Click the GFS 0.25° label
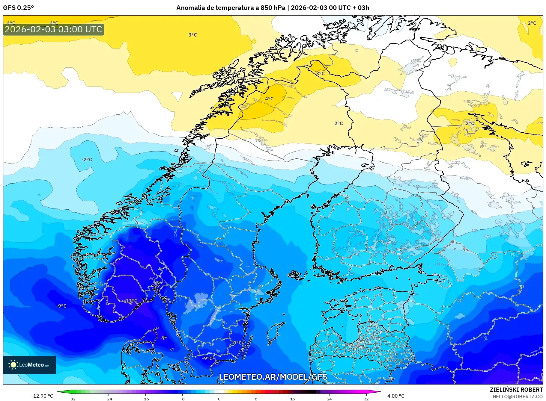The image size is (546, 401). [x=18, y=8]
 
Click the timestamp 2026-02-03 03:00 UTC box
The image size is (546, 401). [x=54, y=29]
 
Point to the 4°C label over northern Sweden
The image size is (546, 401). [x=269, y=99]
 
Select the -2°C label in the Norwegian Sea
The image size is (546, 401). [x=87, y=160]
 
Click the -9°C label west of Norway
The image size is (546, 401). [x=61, y=306]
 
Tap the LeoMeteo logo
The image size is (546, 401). [x=29, y=365]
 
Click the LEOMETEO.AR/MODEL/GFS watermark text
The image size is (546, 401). [x=273, y=377]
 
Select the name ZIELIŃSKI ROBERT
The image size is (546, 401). [x=516, y=390]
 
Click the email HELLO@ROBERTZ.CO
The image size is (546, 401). [x=518, y=397]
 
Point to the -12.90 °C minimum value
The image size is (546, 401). [x=42, y=396]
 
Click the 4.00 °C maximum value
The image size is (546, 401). [x=396, y=396]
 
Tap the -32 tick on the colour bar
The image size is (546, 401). [x=72, y=399]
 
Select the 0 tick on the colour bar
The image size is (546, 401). [x=219, y=399]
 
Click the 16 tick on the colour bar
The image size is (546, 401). [x=292, y=399]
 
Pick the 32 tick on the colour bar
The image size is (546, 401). [x=366, y=399]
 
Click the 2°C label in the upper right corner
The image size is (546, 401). [x=532, y=23]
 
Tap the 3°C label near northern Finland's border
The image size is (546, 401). [x=320, y=73]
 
